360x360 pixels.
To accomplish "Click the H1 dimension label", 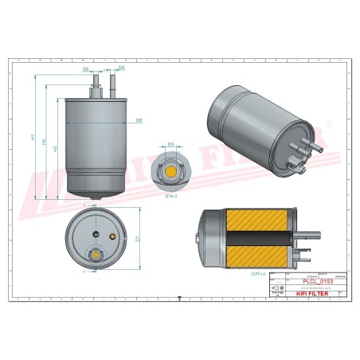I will pyautogui.click(x=33, y=137).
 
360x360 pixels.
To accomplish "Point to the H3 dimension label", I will pyautogui.click(x=54, y=148).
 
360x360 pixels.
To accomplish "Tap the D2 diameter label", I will pyautogui.click(x=138, y=120).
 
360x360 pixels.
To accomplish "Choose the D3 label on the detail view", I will pyautogui.click(x=170, y=144).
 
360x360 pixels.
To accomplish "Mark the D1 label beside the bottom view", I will pyautogui.click(x=138, y=237).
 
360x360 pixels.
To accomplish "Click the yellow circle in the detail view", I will pyautogui.click(x=170, y=171).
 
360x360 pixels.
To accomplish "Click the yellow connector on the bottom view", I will pyautogui.click(x=96, y=256).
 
